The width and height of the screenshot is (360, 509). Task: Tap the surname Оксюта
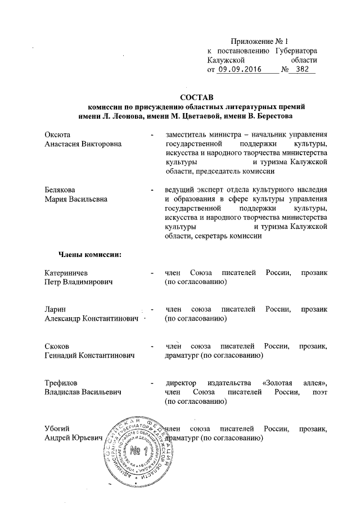point(57,135)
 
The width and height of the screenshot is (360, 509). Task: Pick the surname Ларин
point(56,310)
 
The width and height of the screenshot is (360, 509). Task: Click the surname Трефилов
point(61,383)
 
